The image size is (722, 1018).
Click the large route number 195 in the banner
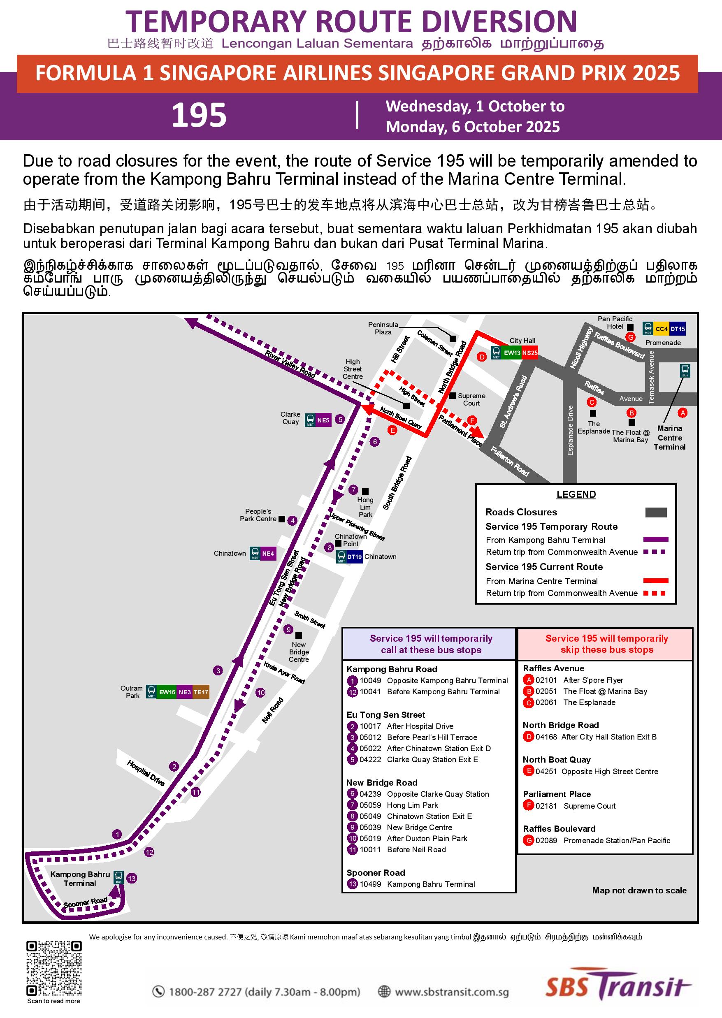pyautogui.click(x=199, y=115)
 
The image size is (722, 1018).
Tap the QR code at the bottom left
pyautogui.click(x=54, y=969)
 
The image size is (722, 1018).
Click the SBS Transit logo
pyautogui.click(x=618, y=988)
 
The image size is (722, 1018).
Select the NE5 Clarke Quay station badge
pyautogui.click(x=323, y=420)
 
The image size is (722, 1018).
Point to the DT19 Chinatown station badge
pyautogui.click(x=354, y=557)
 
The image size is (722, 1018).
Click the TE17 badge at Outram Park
pyautogui.click(x=200, y=692)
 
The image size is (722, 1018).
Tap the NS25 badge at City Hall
pyautogui.click(x=529, y=353)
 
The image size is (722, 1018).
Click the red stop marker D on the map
pyautogui.click(x=481, y=357)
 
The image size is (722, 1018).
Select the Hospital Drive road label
pyautogui.click(x=146, y=772)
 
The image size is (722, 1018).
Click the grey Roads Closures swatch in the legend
pyautogui.click(x=656, y=512)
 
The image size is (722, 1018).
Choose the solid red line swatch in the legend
pyautogui.click(x=656, y=581)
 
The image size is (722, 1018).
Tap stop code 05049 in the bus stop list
pyautogui.click(x=370, y=816)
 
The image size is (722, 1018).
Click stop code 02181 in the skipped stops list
pyautogui.click(x=546, y=806)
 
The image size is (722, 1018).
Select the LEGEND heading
pyautogui.click(x=576, y=494)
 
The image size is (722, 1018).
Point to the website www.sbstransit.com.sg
pyautogui.click(x=451, y=992)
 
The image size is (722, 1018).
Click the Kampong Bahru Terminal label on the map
pyautogui.click(x=80, y=879)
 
